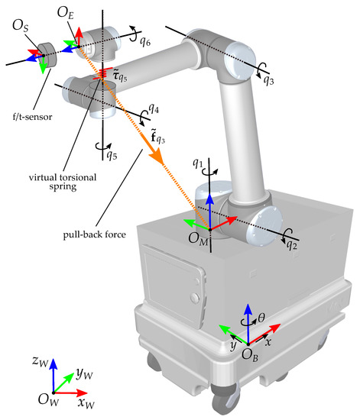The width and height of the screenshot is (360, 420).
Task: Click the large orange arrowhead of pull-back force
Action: pos(156,157)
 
